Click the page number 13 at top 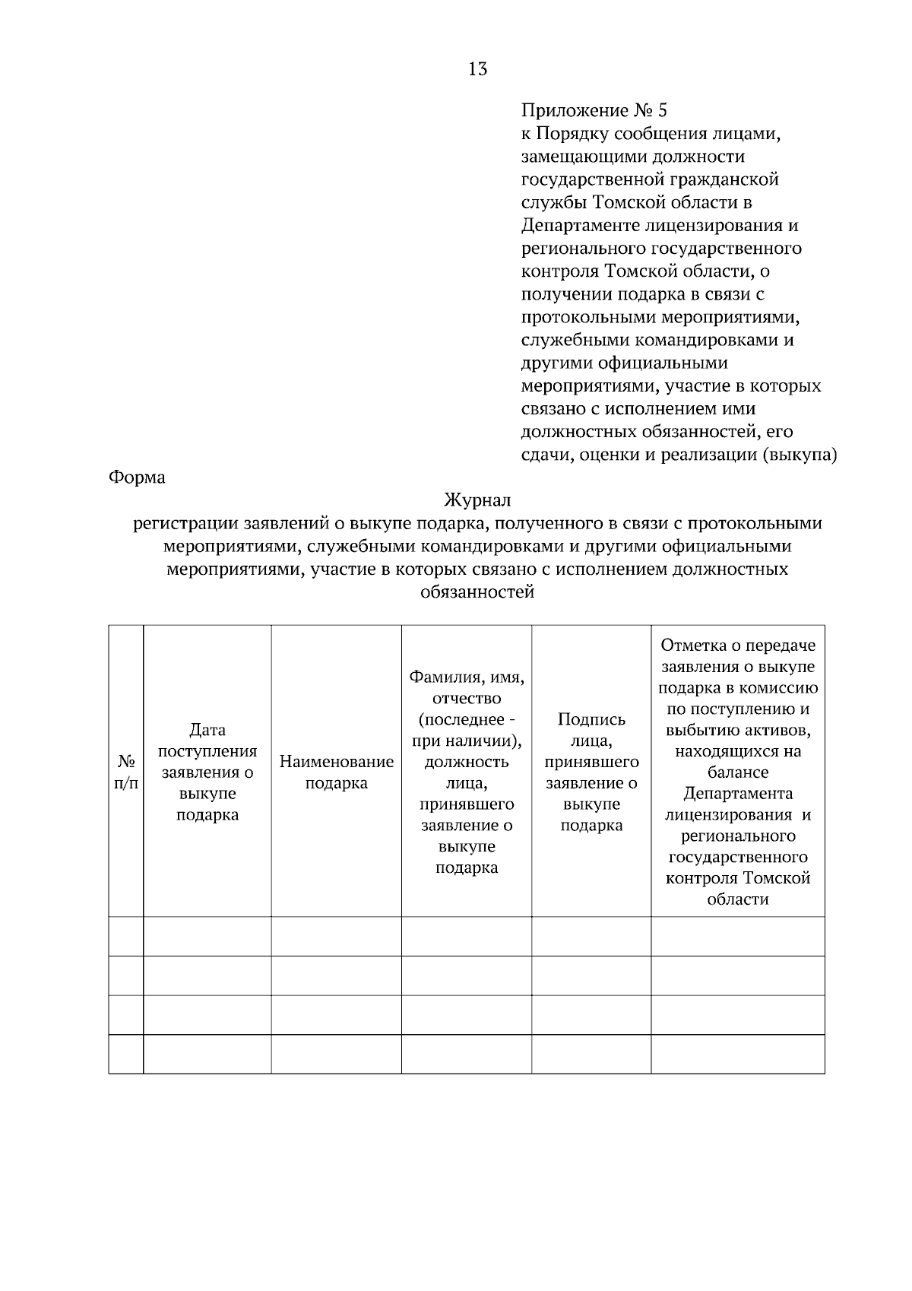coord(478,69)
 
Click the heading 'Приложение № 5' coord(594,111)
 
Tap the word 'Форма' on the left coord(137,477)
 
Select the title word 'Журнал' coord(477,500)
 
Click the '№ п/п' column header coord(126,772)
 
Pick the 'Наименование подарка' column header coord(337,772)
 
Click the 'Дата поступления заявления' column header coord(207,772)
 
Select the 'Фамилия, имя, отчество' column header coord(467,772)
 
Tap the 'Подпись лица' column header coord(591,772)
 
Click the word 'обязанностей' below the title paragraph coord(477,592)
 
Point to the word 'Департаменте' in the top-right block coord(580,226)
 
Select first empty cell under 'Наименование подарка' coord(337,936)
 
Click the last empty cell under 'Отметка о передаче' coord(738,1054)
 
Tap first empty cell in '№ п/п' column coord(126,936)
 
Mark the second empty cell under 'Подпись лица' coord(591,975)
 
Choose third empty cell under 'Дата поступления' coord(207,1014)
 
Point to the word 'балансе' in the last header coord(738,772)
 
